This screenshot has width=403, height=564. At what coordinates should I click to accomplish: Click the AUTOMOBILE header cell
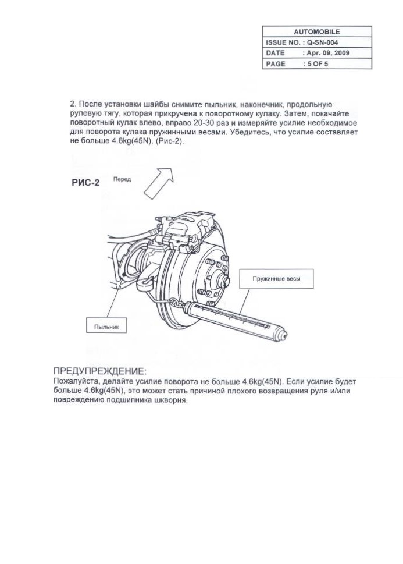click(317, 32)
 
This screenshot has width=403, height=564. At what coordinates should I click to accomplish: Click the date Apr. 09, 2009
click(328, 53)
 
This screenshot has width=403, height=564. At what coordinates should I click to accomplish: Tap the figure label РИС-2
click(84, 182)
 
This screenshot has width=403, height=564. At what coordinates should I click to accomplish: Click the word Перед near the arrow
click(122, 180)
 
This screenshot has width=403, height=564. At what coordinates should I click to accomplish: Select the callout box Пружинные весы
click(276, 279)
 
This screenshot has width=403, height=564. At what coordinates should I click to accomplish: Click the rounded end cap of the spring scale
click(283, 334)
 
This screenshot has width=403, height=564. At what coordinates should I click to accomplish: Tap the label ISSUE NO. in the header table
click(282, 42)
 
